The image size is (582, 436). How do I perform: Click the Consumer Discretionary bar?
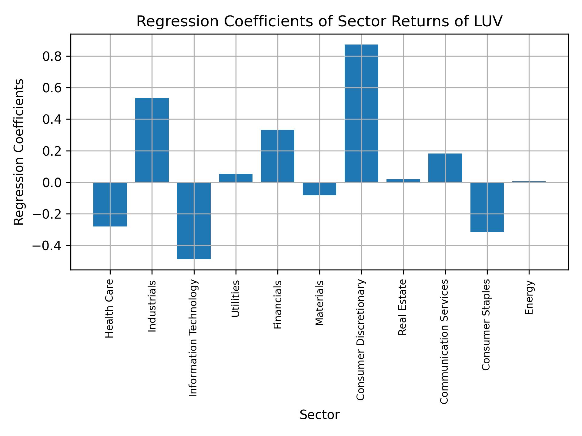361,113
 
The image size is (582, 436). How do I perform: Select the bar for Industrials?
152,140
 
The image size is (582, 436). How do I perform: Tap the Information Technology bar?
194,221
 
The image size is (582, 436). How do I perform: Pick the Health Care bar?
110,204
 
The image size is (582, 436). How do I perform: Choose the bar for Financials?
277,156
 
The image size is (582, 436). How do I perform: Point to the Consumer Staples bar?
487,207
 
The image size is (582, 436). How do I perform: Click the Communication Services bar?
445,168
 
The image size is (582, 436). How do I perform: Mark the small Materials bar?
319,189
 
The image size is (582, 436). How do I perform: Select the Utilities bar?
236,178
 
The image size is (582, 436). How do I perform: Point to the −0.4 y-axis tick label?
47,246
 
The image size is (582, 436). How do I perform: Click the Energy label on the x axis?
529,298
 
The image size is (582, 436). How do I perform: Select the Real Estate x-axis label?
402,307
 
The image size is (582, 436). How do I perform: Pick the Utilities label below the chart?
236,299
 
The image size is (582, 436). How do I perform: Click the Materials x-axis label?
319,303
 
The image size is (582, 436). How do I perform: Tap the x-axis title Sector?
319,415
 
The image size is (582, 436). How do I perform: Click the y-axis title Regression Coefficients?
19,152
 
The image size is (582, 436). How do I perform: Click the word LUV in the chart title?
489,21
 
